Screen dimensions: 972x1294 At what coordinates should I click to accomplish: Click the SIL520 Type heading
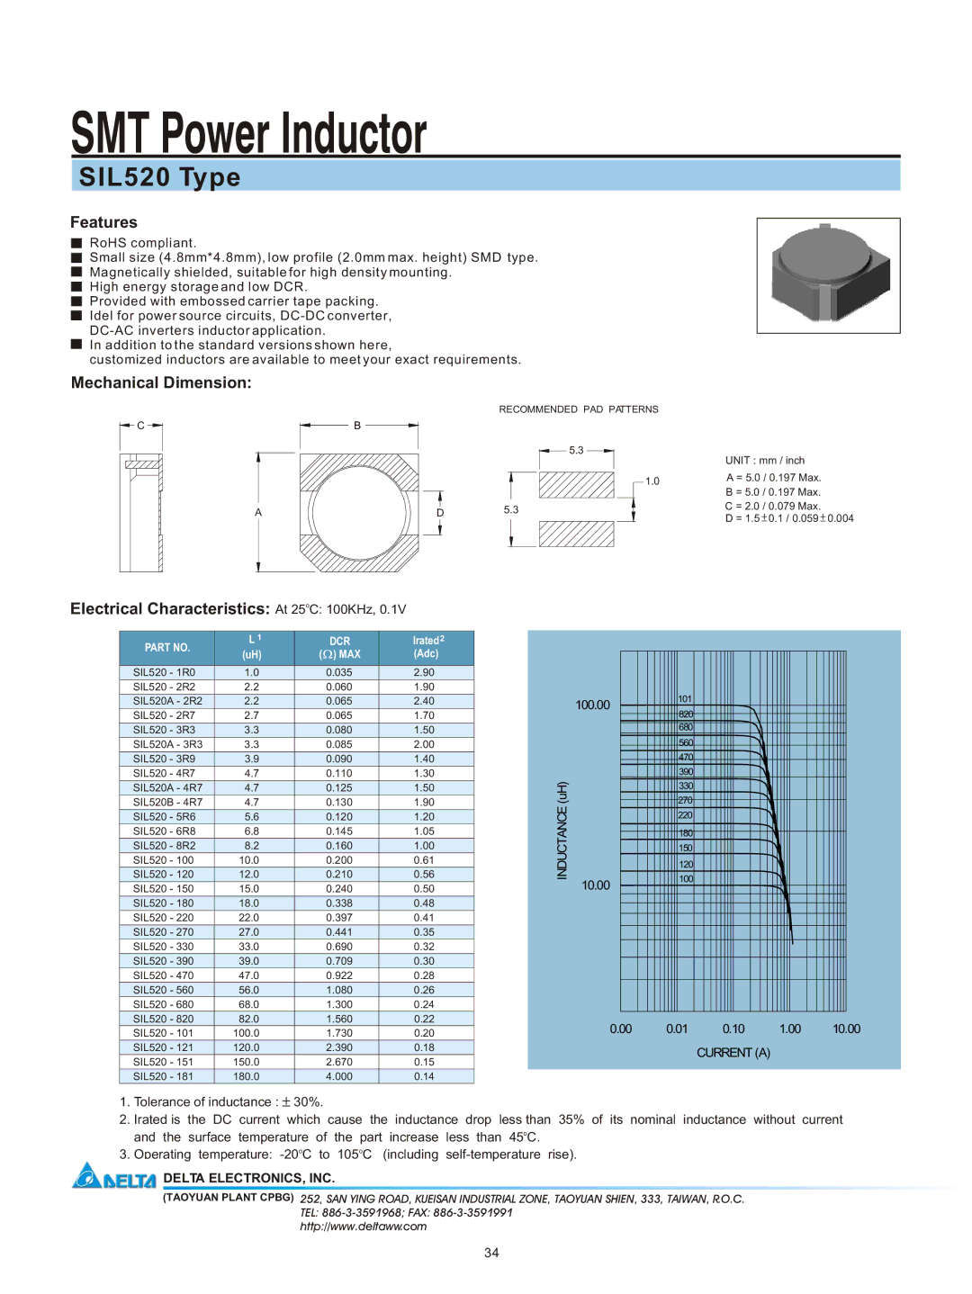(x=159, y=177)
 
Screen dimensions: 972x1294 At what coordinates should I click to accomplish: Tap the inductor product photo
(x=828, y=275)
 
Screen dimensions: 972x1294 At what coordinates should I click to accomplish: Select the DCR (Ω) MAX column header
(x=339, y=647)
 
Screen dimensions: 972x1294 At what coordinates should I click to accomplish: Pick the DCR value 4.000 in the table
(x=339, y=1076)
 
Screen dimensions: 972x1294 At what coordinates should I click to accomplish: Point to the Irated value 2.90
(x=424, y=672)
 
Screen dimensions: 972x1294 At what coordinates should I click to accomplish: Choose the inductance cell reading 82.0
(x=248, y=1018)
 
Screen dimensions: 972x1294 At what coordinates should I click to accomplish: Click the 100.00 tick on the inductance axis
(x=592, y=705)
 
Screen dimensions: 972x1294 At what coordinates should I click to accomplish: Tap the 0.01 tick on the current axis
(x=677, y=1029)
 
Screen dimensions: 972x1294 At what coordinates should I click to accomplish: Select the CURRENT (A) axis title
(x=733, y=1052)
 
